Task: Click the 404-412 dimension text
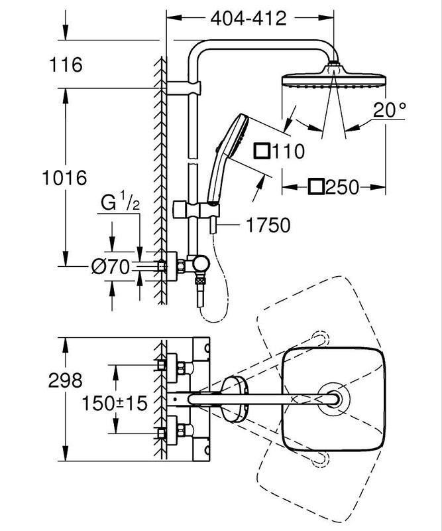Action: point(248,18)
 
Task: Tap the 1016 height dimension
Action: point(64,178)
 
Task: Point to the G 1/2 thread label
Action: point(120,203)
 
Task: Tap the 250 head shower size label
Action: point(343,187)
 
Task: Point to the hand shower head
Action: point(235,132)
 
